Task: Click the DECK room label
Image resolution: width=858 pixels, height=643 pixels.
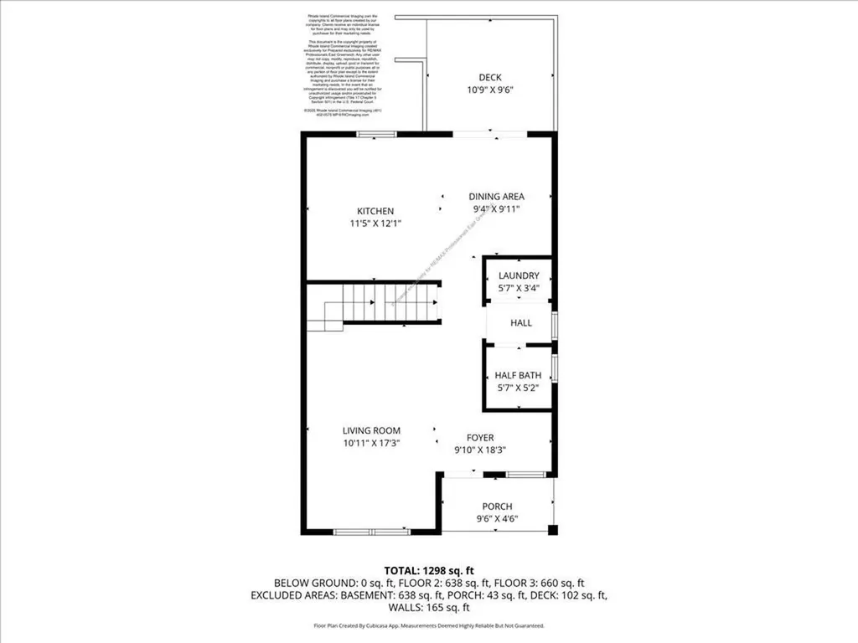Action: tap(490, 77)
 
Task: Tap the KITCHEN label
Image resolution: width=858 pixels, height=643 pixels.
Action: tap(375, 211)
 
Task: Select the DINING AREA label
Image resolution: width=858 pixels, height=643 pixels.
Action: tap(496, 197)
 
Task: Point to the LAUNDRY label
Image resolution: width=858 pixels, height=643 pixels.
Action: tap(519, 276)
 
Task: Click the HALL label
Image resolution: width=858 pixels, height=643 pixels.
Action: tap(521, 323)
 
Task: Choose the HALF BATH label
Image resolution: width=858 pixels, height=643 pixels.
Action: tap(518, 376)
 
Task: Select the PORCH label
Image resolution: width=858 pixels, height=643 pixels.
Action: tap(497, 507)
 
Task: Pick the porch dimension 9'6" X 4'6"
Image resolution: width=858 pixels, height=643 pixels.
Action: tap(497, 518)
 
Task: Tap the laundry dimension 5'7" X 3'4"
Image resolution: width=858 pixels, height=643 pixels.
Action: tap(519, 288)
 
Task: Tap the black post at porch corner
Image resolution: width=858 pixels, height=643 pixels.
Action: tap(552, 530)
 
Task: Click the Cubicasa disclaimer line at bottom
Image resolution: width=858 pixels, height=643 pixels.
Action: tap(429, 625)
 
